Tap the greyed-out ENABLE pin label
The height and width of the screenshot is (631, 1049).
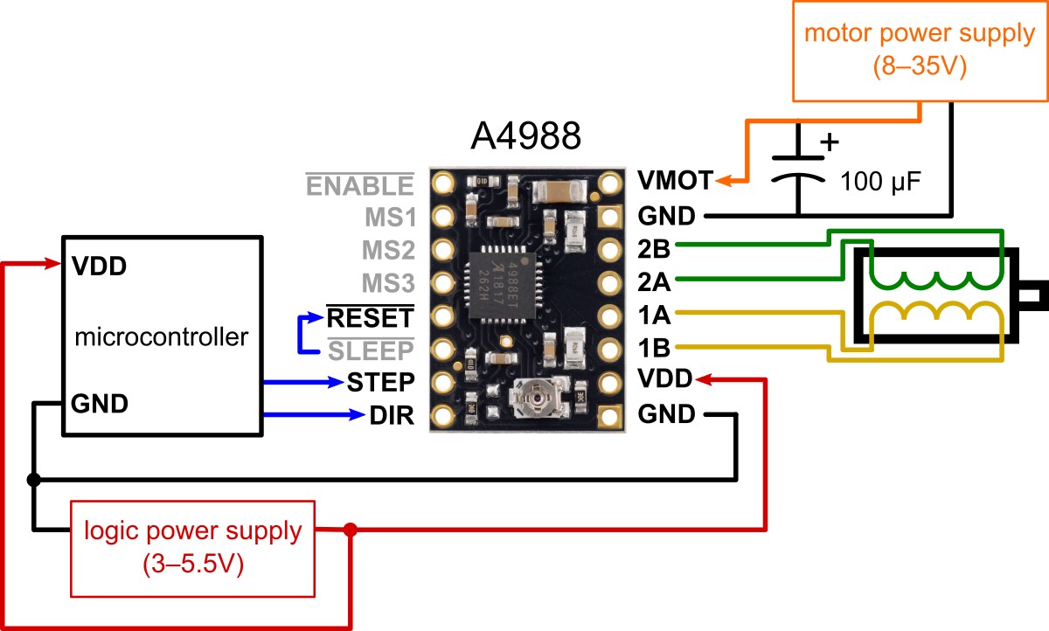358,185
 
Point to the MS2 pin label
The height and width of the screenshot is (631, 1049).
387,251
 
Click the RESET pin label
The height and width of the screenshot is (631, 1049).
369,315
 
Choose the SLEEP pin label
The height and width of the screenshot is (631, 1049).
369,350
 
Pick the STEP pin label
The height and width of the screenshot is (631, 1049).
379,382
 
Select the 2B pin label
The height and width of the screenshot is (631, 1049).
654,248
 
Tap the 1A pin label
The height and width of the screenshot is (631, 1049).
654,314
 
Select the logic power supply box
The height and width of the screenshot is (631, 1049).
192,546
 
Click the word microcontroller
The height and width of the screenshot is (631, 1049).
162,336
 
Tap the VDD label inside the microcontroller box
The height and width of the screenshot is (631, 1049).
98,266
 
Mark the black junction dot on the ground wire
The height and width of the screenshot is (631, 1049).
34,480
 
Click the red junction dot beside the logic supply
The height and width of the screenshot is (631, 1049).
351,530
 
